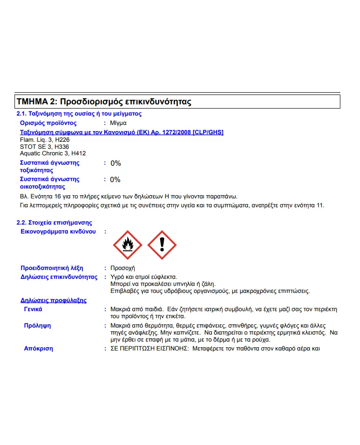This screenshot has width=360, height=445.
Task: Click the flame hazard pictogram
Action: [x=128, y=245]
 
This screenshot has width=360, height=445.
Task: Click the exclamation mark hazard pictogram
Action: [x=162, y=245]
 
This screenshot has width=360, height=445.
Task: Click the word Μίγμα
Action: [x=118, y=123]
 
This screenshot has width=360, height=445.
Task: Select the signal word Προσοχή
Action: [x=122, y=268]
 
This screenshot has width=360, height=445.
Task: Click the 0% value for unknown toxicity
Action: [x=115, y=163]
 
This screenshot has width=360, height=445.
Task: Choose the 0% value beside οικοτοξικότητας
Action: [x=115, y=180]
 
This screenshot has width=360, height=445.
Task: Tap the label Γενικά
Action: [x=33, y=309]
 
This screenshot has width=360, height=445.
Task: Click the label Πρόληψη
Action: [x=37, y=325]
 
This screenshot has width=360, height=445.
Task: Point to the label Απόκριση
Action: [x=38, y=348]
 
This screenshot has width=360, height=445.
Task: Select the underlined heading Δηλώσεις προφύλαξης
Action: [x=53, y=300]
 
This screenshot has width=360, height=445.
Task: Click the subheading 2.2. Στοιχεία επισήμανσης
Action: [x=54, y=223]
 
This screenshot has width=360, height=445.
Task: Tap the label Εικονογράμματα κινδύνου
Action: [x=58, y=232]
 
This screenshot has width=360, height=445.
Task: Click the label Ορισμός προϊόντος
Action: [x=48, y=123]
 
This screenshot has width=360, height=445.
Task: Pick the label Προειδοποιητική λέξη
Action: [x=52, y=268]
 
